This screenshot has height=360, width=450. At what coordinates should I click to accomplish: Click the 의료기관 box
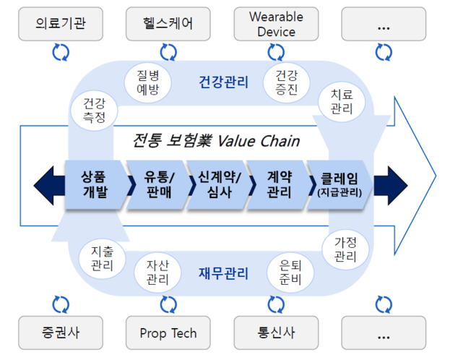coord(61,24)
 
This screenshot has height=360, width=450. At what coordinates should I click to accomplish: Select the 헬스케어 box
coord(168,24)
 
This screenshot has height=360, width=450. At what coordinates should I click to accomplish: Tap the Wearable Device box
coord(276,24)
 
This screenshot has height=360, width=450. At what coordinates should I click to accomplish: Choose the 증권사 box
coord(61,333)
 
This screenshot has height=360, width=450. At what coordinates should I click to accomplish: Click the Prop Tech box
coord(168,333)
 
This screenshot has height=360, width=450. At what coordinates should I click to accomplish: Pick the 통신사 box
coord(276,333)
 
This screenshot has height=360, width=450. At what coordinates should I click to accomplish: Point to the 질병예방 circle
coord(148,82)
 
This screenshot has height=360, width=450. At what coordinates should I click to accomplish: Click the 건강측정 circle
coord(94,111)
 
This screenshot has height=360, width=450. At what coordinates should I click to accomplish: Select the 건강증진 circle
coord(287,82)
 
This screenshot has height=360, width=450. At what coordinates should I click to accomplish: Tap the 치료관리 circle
coord(342,101)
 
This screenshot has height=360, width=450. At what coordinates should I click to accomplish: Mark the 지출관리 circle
coord(102,259)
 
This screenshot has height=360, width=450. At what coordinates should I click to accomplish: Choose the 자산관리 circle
coord(157,273)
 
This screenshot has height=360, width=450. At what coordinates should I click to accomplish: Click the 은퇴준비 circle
coord(290,273)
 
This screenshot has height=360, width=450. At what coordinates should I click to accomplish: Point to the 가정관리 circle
coord(345,249)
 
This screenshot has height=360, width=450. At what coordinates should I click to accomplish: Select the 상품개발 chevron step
coord(96,185)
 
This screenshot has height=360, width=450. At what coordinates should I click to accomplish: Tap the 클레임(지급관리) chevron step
coord(339,185)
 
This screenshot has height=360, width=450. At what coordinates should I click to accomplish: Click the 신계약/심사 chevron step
coord(220,185)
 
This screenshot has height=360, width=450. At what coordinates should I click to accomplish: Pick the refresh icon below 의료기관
coord(61,52)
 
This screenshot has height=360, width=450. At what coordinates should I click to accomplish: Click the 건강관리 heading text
coord(223,82)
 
